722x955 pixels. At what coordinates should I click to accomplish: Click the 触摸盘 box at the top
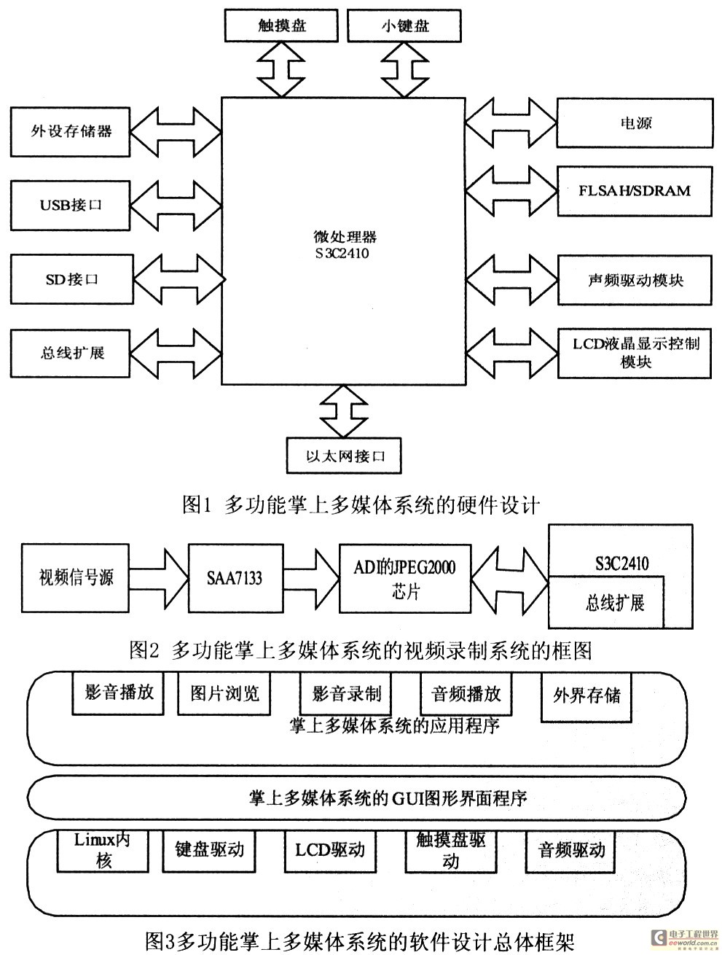coord(281,26)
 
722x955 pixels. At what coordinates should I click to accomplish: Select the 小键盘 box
coord(404,26)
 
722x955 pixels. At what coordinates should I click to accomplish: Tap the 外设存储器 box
coord(71,132)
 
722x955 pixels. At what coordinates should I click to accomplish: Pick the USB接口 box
coord(71,206)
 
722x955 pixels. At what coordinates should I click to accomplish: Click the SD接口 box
coord(71,279)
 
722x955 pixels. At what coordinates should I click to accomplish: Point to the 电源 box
coord(635,123)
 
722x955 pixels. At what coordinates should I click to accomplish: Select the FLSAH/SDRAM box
coord(635,191)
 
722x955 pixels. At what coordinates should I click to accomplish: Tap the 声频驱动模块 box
coord(635,280)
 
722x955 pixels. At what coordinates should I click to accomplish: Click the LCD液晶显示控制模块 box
coord(635,354)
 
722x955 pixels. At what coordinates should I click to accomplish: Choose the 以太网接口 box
coord(344,456)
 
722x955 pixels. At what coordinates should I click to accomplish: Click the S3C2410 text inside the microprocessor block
coord(342,253)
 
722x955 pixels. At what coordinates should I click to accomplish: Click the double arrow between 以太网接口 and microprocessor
coord(344,411)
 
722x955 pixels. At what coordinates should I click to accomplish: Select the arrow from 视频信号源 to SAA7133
coord(159,578)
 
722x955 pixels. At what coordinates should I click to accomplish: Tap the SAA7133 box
coord(235,578)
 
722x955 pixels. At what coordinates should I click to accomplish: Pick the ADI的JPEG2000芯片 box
coord(404,579)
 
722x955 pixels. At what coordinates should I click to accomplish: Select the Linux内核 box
coord(103,851)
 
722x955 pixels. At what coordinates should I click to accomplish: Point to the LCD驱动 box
coord(330,851)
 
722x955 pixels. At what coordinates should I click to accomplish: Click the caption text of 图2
coord(361,651)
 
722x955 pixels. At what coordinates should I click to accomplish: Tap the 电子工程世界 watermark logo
coord(685,937)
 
